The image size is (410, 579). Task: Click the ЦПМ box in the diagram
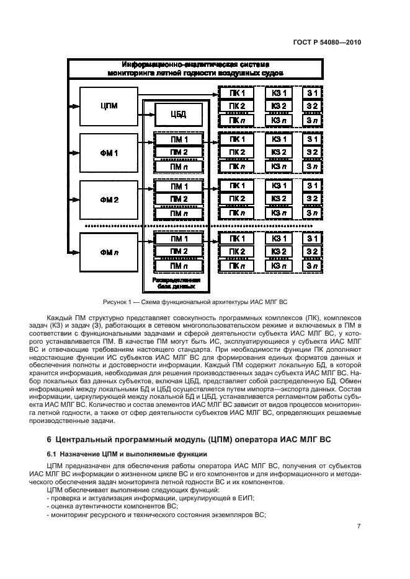[x=109, y=105]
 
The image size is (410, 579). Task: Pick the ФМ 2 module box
[x=109, y=200]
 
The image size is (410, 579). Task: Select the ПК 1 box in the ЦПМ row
[x=237, y=94]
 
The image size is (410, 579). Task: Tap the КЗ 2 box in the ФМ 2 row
[x=279, y=199]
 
